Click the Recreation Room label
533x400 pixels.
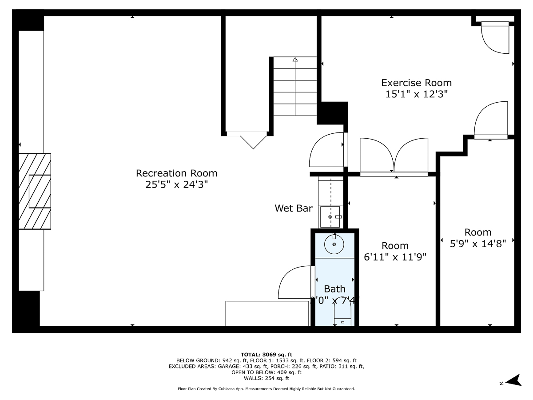point(176,173)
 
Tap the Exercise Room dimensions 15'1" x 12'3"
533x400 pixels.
point(416,94)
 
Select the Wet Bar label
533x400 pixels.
point(293,208)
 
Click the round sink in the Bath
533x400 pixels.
point(334,244)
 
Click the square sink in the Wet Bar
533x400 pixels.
point(330,216)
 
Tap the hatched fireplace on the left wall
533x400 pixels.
point(35,191)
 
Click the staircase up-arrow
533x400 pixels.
point(295,60)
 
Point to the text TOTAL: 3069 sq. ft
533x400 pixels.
point(266,354)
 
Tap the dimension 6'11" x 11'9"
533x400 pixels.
point(395,257)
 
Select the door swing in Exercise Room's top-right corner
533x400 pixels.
point(494,39)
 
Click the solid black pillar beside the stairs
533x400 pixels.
point(332,113)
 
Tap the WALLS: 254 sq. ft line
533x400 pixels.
point(266,379)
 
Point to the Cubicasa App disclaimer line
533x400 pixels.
point(266,389)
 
